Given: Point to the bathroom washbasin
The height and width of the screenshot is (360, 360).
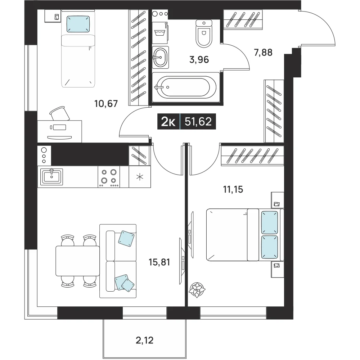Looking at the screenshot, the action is pyautogui.click(x=160, y=57).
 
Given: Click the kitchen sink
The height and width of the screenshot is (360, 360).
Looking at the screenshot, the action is pyautogui.click(x=51, y=177).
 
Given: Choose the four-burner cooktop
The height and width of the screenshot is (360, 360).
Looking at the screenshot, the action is pyautogui.click(x=109, y=177).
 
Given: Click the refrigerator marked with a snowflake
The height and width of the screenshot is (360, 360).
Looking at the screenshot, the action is pyautogui.click(x=140, y=177).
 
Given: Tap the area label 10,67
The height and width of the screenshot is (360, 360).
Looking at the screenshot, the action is pyautogui.click(x=106, y=104).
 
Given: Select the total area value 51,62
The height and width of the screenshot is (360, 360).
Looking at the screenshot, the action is pyautogui.click(x=198, y=121).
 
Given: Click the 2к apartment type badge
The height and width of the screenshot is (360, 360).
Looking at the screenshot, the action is pyautogui.click(x=168, y=122).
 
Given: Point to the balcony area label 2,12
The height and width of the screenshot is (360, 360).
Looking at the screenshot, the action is pyautogui.click(x=144, y=340).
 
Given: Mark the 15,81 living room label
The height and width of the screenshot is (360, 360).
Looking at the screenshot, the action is pyautogui.click(x=159, y=262).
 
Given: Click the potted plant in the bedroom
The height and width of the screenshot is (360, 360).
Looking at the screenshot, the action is pyautogui.click(x=197, y=290).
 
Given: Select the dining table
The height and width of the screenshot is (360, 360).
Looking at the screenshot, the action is pyautogui.click(x=78, y=261).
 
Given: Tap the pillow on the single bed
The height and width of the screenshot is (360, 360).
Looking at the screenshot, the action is pyautogui.click(x=78, y=24).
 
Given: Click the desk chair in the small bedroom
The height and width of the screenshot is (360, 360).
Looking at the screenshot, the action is pyautogui.click(x=60, y=113).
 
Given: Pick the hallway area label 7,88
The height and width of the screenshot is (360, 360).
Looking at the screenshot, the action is pyautogui.click(x=263, y=53).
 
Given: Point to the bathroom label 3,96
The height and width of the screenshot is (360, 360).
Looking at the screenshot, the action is pyautogui.click(x=199, y=60).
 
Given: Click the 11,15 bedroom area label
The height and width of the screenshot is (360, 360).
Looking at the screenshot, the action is pyautogui.click(x=233, y=189).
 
